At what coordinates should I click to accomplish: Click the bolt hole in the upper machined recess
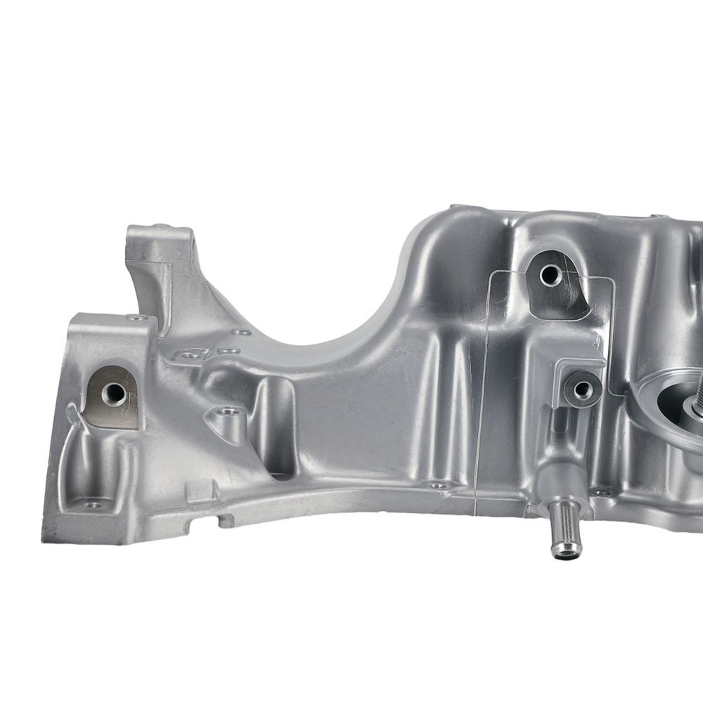550,275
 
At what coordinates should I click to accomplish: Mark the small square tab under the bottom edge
225,521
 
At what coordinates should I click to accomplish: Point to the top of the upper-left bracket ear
159,232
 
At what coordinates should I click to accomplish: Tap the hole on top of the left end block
138,318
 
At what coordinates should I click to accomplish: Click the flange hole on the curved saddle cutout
241,332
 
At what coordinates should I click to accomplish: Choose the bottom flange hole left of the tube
438,484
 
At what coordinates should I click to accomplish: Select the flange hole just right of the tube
602,490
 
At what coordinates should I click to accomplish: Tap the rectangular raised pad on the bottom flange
200,492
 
